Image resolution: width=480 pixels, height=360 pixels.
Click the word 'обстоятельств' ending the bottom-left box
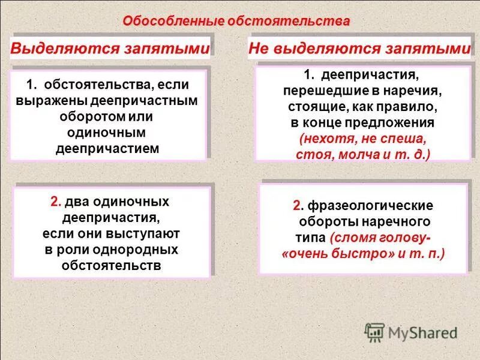coord(112,264)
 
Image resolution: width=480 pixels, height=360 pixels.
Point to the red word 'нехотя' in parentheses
coord(323,139)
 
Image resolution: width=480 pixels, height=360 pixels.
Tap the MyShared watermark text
coord(422,332)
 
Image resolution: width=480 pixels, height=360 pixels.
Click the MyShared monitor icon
coord(374,331)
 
